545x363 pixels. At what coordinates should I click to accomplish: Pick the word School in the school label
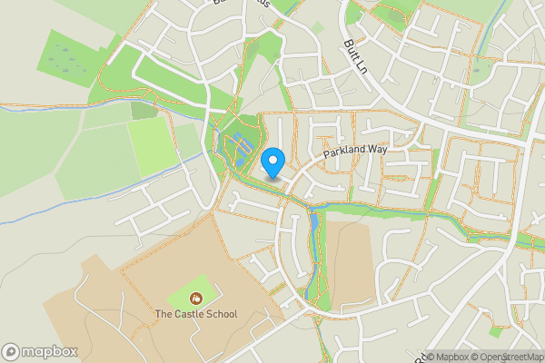point(222,315)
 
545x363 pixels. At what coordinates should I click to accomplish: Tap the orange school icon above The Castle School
point(195,298)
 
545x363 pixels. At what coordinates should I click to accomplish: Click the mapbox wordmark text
point(50,352)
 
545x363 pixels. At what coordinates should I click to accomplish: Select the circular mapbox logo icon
point(11,352)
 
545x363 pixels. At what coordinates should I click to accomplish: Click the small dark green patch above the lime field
point(142,110)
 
